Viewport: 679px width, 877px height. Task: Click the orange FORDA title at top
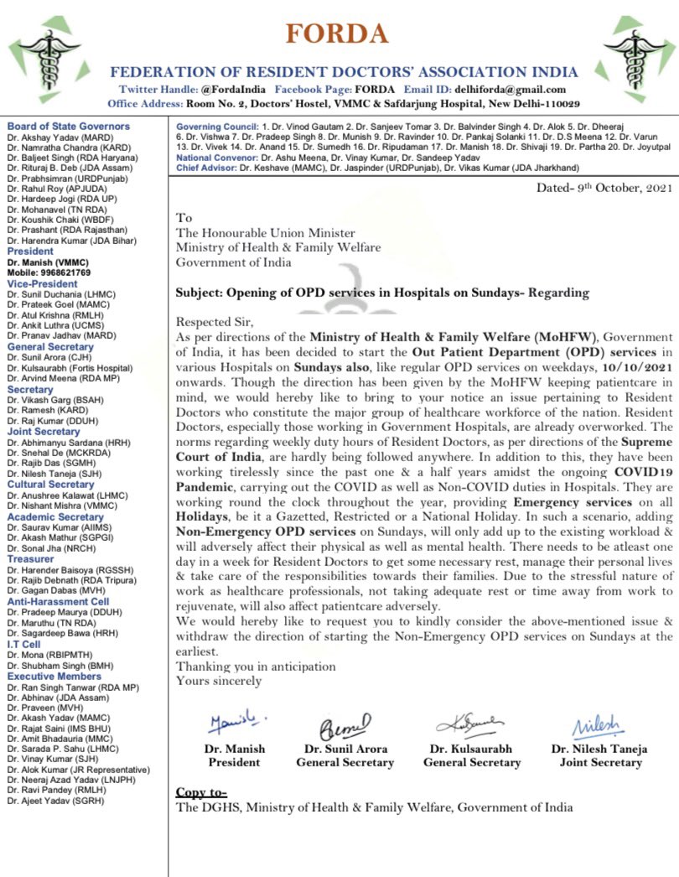(337, 34)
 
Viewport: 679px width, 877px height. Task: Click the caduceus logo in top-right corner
(639, 59)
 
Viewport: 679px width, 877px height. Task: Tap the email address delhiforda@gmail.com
(511, 90)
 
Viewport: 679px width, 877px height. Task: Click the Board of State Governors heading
(69, 127)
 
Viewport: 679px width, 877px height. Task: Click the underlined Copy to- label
(201, 791)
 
